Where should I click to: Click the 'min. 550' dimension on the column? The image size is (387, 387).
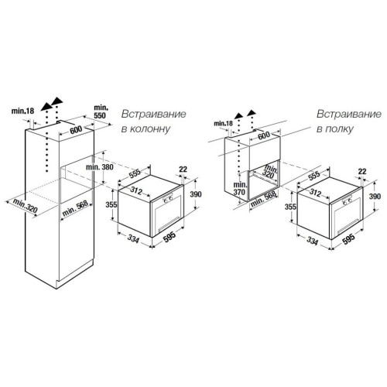tap(100, 111)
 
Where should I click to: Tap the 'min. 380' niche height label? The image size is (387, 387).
tap(100, 167)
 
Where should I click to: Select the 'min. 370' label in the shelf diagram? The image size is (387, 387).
tap(239, 188)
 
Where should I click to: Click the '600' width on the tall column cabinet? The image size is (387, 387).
tap(76, 130)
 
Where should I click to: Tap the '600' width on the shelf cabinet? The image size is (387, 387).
tap(264, 135)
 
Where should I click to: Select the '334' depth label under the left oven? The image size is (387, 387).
tap(133, 239)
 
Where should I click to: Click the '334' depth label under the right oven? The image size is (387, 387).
tap(312, 241)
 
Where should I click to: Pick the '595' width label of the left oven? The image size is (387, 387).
tap(170, 237)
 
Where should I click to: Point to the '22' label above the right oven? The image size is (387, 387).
tap(362, 172)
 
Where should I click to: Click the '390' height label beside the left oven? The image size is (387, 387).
tap(196, 194)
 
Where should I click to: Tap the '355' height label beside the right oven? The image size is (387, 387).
tap(290, 207)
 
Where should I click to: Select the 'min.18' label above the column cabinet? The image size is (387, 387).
tap(22, 111)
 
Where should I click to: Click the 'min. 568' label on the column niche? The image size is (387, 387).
tap(75, 209)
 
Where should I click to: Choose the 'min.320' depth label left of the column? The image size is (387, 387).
tap(26, 206)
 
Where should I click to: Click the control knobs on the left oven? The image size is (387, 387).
tap(168, 199)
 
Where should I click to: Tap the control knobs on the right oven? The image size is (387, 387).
tap(348, 200)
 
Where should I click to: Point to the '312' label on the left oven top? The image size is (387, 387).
tap(136, 190)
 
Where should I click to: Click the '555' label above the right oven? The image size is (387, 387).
tap(314, 176)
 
